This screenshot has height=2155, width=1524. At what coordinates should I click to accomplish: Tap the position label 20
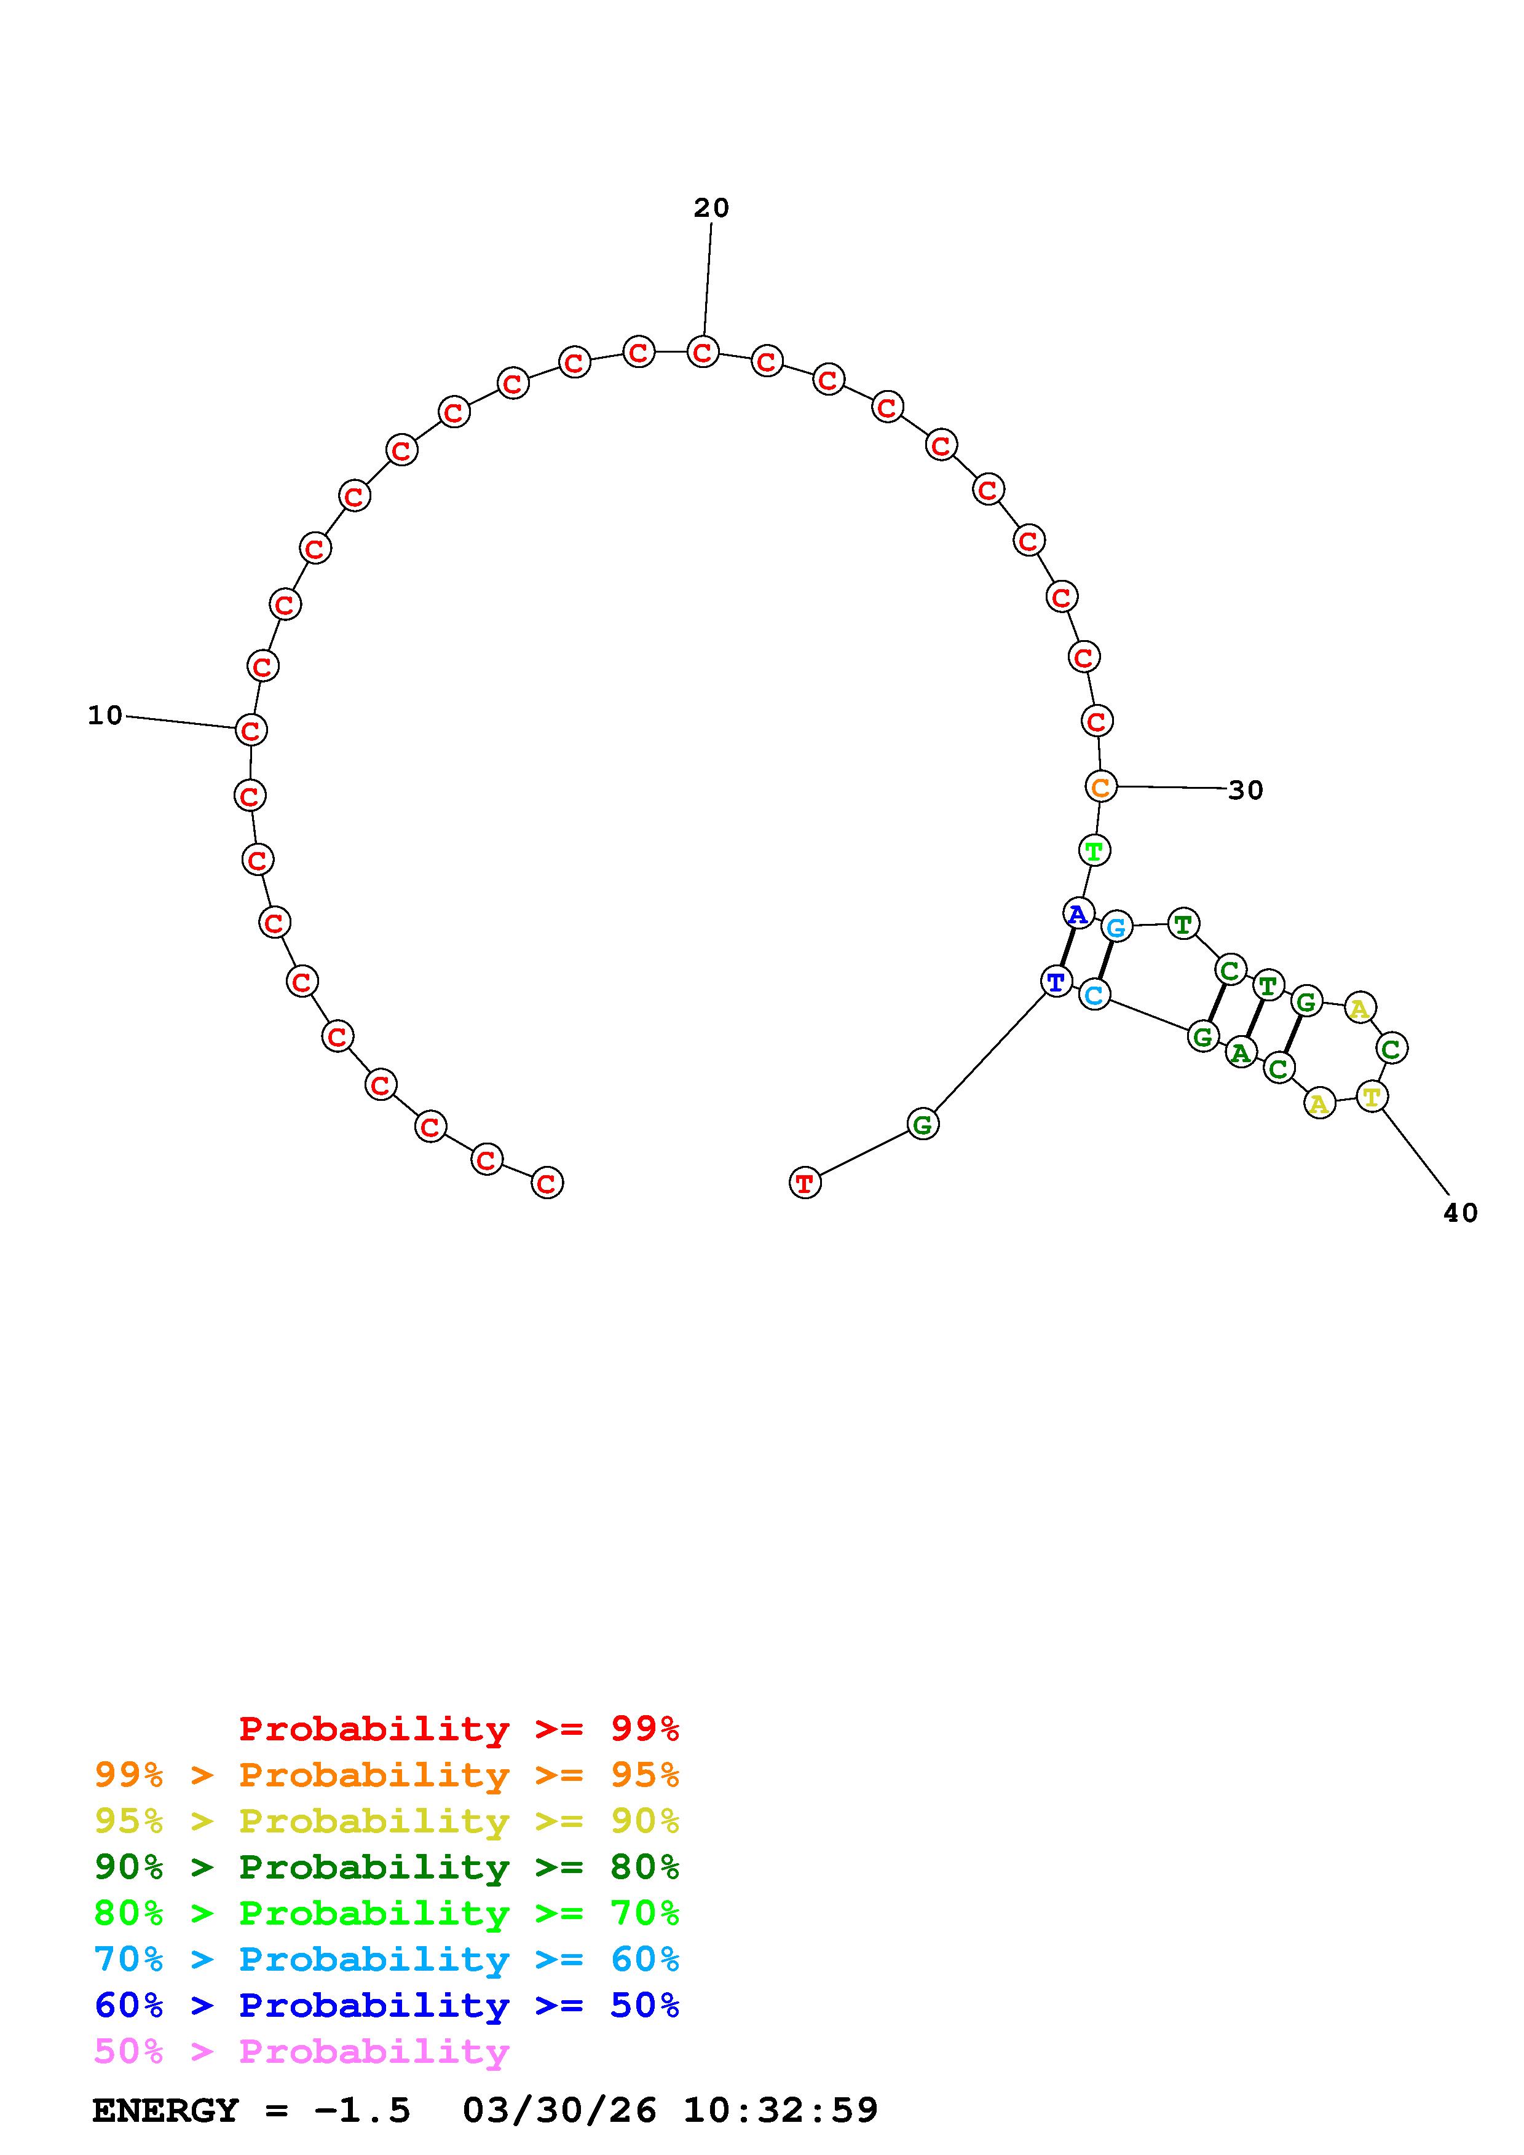(x=711, y=208)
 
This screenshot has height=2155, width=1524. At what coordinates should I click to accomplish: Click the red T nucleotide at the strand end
(x=805, y=1183)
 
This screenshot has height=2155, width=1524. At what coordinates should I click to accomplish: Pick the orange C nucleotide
(x=1100, y=786)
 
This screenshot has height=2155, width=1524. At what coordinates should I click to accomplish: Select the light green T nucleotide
(x=1094, y=850)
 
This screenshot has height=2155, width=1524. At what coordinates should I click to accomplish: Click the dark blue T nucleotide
(x=1056, y=982)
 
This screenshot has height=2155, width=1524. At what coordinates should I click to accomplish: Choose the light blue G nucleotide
(x=1116, y=928)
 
